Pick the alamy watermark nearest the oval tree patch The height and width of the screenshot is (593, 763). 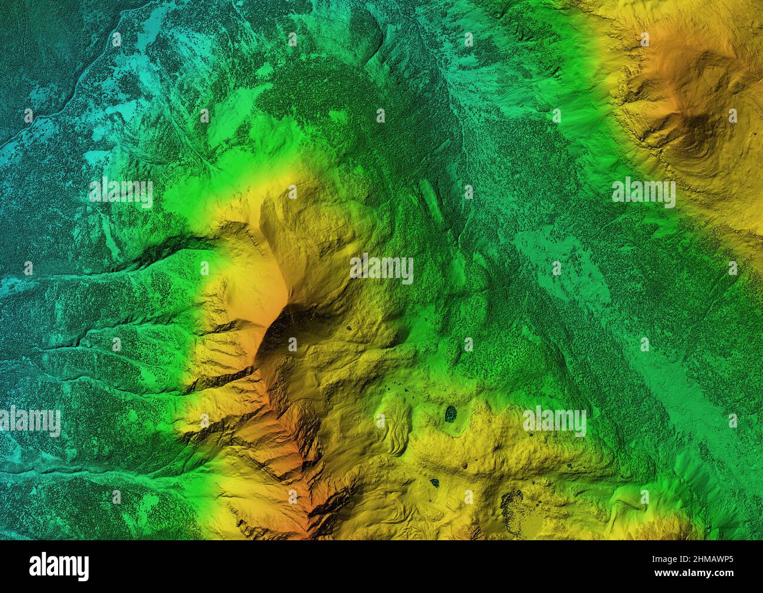pos(554,421)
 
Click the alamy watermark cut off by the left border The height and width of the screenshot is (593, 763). pos(29,421)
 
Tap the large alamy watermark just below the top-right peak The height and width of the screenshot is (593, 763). pos(643,192)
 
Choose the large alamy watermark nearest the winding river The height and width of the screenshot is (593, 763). pos(121,192)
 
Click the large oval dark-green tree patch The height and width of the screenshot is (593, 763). pos(451,414)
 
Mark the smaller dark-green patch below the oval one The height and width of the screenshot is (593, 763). pos(435,483)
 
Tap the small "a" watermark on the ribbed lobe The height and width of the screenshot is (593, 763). pos(380,421)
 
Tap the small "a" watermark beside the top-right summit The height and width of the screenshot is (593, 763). pos(732,116)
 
